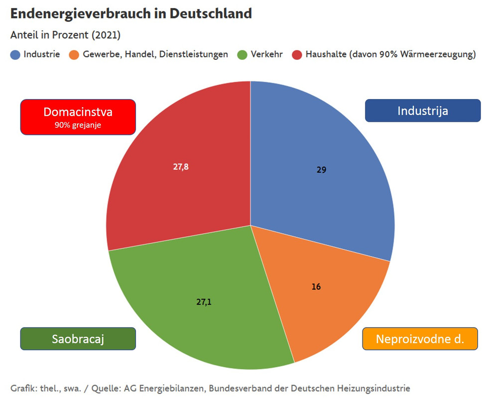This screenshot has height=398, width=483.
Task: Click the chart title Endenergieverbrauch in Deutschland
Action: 131,13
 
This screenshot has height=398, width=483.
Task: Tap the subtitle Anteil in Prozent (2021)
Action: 65,35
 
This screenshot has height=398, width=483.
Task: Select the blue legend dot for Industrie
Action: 15,55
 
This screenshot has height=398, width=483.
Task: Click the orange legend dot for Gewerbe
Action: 74,55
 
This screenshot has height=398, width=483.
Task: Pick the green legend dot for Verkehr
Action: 242,55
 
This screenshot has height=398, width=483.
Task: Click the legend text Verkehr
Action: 267,54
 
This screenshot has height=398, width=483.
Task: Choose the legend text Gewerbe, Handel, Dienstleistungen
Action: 155,54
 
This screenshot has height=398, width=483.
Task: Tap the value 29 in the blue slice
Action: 321,170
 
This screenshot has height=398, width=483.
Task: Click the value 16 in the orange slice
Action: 316,287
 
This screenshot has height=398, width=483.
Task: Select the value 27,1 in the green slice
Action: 203,301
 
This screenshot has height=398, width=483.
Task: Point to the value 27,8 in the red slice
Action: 181,167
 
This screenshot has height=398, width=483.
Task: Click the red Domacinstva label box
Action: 78,117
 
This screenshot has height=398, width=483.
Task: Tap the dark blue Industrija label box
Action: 423,110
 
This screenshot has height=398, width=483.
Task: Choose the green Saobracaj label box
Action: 78,339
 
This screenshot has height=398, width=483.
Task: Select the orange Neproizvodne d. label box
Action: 420,339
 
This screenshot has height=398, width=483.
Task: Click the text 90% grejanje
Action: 78,125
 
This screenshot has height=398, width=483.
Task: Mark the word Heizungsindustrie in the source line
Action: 376,388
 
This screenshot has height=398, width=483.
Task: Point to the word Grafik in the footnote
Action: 22,388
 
